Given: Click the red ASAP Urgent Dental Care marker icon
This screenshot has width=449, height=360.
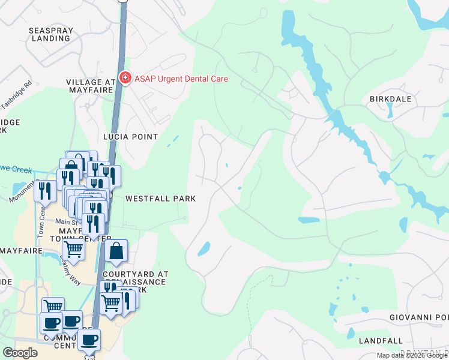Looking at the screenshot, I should tap(125, 78).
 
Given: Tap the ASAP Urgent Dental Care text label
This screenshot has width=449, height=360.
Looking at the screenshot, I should tap(181, 79).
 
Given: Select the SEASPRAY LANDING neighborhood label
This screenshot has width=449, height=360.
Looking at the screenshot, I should tap(50, 34).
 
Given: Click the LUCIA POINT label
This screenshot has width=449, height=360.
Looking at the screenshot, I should tap(130, 137).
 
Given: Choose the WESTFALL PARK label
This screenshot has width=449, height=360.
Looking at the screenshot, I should tap(160, 198).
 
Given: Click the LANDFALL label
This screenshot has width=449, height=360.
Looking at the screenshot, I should tap(381, 341).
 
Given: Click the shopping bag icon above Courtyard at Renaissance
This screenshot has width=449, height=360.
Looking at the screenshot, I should tap(116, 252).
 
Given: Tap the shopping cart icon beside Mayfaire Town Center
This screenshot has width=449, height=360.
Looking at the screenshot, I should tap(73, 248).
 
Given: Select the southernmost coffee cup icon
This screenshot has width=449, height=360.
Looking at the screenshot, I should tap(89, 340).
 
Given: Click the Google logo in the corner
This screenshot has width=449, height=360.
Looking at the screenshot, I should tap(20, 353).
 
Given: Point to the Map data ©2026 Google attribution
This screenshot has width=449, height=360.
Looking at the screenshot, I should tap(412, 355).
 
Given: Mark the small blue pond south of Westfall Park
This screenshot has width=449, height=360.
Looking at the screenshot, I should tap(204, 248).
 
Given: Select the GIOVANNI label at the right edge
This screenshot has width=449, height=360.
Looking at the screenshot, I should tap(418, 317).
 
